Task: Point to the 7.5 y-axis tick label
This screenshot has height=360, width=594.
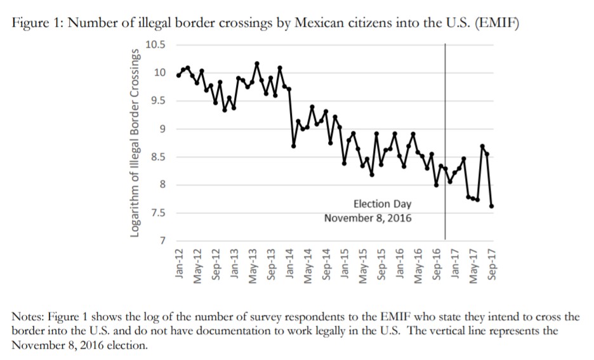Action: tap(158, 213)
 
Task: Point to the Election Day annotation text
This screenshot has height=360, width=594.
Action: tap(382, 204)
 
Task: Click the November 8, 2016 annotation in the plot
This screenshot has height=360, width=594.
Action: tap(367, 218)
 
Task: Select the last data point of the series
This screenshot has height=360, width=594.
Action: tap(492, 206)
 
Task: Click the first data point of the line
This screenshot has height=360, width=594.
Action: tap(178, 76)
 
